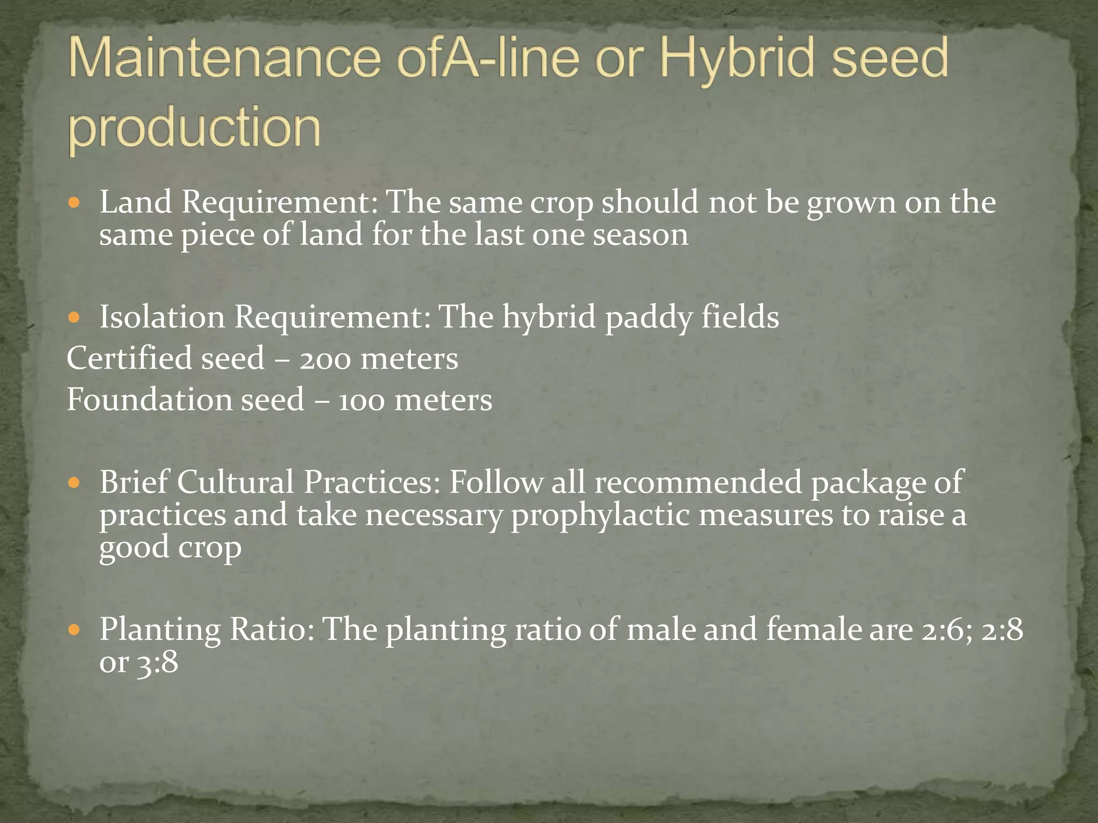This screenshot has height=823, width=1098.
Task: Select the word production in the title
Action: click(x=194, y=128)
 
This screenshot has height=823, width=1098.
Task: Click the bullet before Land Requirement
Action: click(x=75, y=203)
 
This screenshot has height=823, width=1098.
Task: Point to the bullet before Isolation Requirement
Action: click(x=75, y=318)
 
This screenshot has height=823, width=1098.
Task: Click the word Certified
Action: click(x=129, y=358)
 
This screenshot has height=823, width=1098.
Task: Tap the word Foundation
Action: click(x=149, y=400)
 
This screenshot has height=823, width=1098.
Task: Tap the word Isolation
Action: click(x=162, y=317)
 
